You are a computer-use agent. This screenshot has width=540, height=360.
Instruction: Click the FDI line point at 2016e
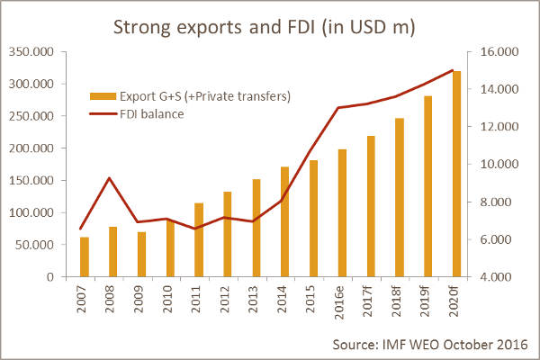(338, 108)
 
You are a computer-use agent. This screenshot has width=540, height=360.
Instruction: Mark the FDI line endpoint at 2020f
(452, 70)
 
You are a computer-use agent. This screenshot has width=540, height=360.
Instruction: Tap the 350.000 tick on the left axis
(31, 52)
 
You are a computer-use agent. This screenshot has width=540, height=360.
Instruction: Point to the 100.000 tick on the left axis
(31, 212)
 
